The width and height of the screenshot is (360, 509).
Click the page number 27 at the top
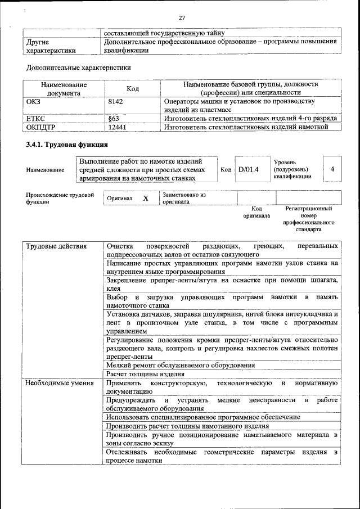(182, 16)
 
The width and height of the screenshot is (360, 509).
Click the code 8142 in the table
(115, 102)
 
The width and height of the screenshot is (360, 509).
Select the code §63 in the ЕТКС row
(113, 119)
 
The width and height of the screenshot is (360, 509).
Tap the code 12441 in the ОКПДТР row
(117, 127)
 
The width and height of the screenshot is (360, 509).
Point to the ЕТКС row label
(36, 119)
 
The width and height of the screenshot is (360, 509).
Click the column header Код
(133, 89)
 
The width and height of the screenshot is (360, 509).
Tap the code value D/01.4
(248, 169)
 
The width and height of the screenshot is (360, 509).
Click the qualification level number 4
(332, 169)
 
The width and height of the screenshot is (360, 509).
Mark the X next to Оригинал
(146, 199)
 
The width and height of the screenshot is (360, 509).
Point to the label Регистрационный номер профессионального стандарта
(308, 219)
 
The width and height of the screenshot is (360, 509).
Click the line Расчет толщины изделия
(146, 374)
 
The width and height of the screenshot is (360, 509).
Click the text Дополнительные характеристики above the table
(79, 67)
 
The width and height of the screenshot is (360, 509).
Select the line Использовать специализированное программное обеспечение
(202, 417)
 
